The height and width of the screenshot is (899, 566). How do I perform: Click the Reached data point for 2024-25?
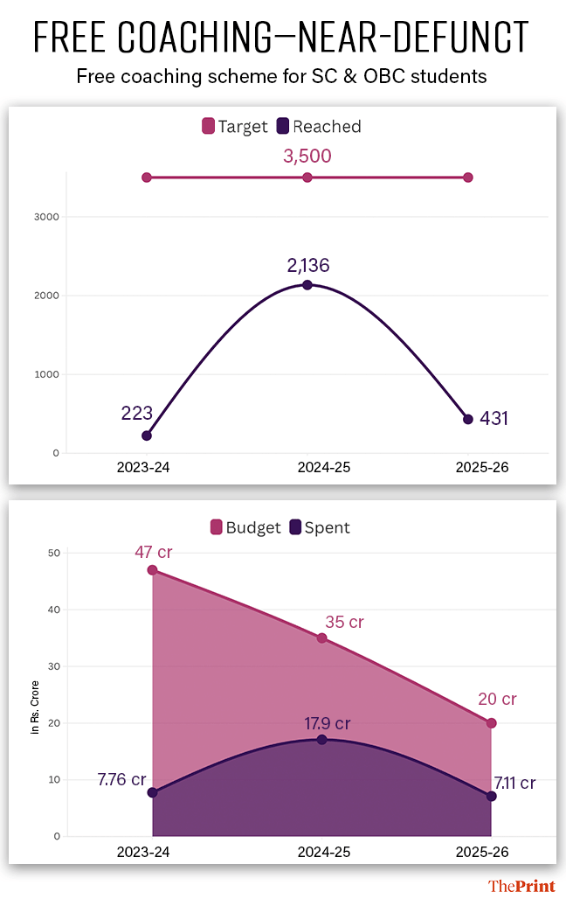click(307, 285)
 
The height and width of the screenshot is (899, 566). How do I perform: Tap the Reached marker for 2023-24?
click(147, 436)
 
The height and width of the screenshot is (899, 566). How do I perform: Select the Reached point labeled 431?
click(468, 420)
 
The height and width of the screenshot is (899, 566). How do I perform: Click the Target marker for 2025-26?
click(468, 178)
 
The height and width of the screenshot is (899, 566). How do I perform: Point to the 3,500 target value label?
click(307, 157)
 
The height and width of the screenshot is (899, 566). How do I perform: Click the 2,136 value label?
click(307, 265)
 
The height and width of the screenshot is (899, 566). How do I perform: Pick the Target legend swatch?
click(208, 127)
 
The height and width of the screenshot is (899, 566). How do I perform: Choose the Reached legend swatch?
click(283, 127)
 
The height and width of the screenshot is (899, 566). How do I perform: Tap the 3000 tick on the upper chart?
click(47, 217)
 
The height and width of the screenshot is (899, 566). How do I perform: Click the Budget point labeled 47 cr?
click(153, 570)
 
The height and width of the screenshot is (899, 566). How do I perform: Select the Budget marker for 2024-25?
click(321, 638)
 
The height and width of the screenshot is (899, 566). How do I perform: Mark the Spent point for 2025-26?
click(491, 796)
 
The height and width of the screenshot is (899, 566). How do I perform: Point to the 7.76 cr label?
click(121, 778)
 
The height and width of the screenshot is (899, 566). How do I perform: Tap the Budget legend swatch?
click(216, 527)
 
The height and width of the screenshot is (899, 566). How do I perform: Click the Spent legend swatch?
click(295, 527)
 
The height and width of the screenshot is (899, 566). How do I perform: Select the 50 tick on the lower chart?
click(53, 553)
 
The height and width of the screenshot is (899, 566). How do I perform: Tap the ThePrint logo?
click(521, 886)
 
